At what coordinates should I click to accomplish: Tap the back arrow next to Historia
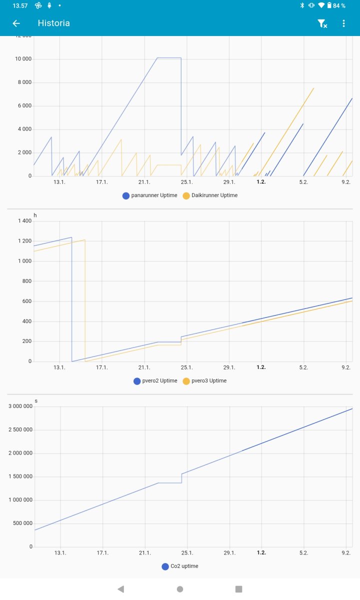(x=16, y=23)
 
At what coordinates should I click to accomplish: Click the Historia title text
(x=53, y=23)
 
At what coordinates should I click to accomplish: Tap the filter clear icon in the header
(x=322, y=23)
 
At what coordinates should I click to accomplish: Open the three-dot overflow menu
(x=343, y=23)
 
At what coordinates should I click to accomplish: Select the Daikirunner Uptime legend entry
(x=210, y=195)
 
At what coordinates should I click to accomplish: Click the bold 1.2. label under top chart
(x=261, y=182)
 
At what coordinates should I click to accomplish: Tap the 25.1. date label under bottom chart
(x=187, y=553)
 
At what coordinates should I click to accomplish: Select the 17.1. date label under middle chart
(x=102, y=367)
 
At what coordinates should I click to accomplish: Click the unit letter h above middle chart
(x=35, y=215)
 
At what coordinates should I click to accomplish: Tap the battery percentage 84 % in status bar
(x=339, y=5)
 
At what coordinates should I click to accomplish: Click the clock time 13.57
(x=20, y=5)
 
